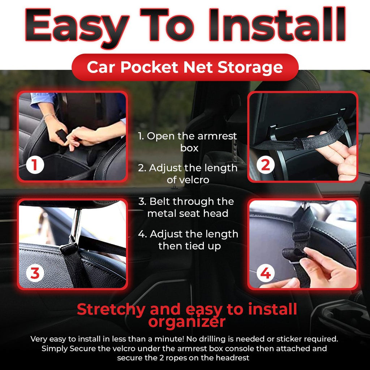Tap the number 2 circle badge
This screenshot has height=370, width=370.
(266, 165)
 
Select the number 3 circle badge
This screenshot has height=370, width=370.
(35, 274)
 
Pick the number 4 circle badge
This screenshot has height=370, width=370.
(266, 274)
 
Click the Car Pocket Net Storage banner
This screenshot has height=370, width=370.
(185, 68)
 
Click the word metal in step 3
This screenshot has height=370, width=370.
(162, 213)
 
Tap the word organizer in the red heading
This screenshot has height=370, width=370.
(186, 322)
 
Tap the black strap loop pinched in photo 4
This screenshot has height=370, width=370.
(293, 254)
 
